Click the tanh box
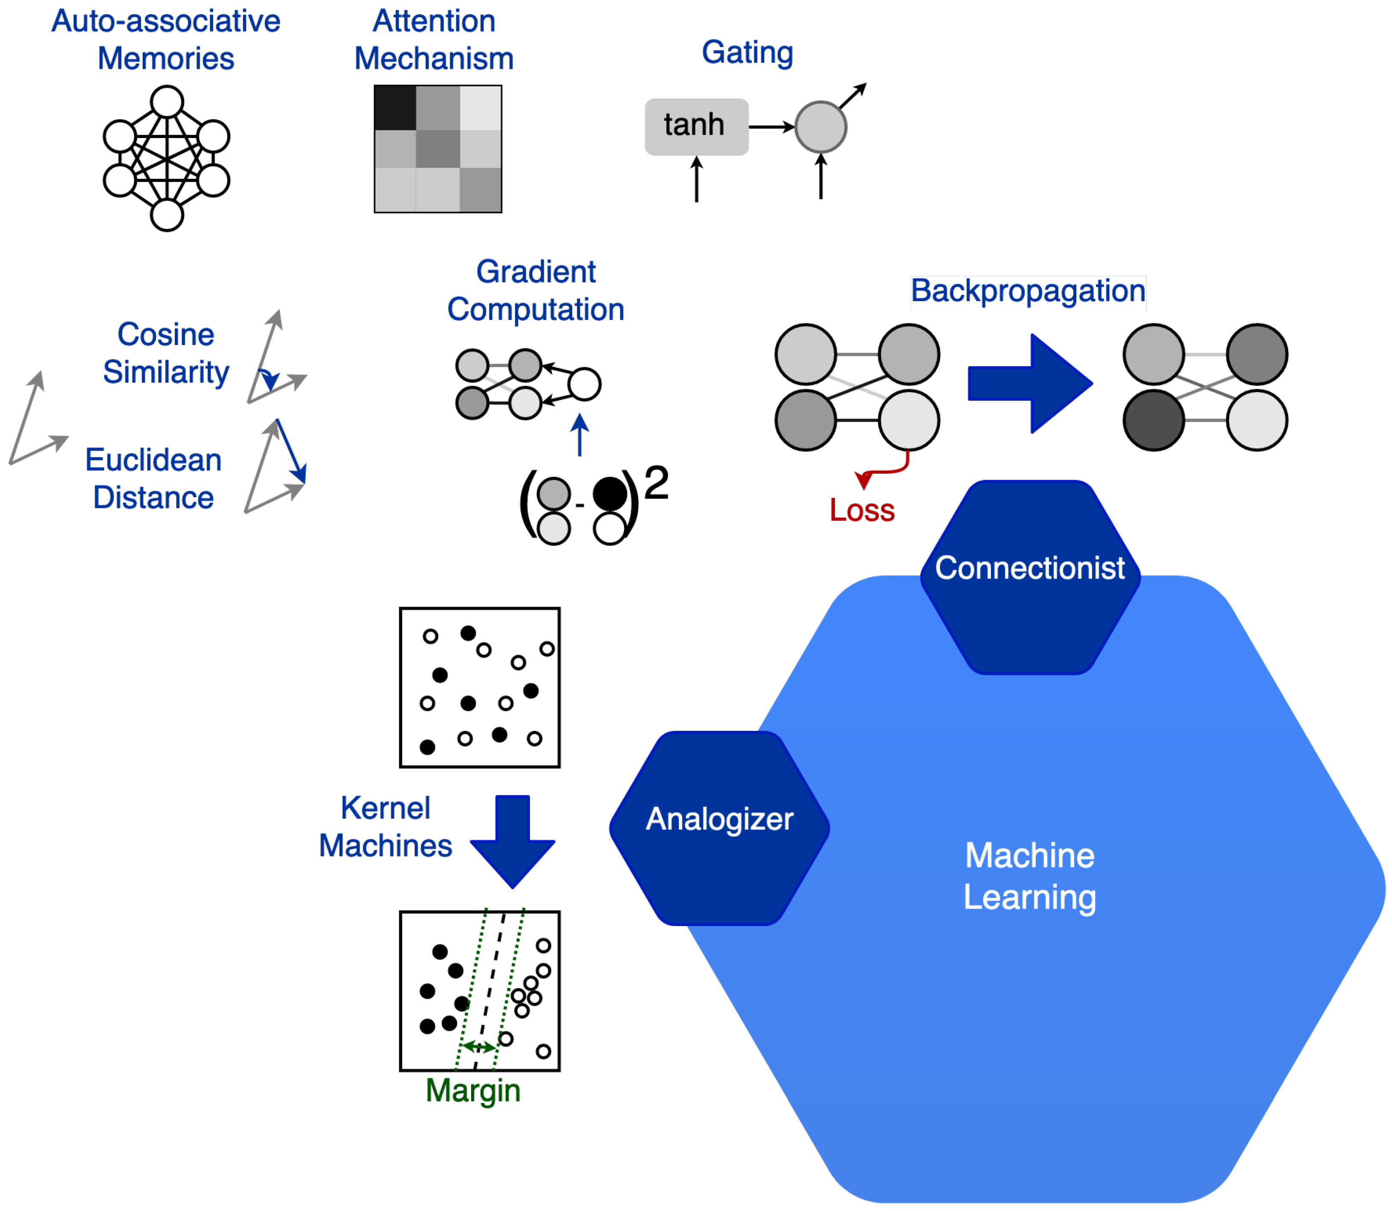696,126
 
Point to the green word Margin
472,1090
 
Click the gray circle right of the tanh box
821,126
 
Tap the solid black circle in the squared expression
610,493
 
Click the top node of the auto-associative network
167,102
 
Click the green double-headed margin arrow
478,1047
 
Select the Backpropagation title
1027,290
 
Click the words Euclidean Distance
153,478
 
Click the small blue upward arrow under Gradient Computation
579,434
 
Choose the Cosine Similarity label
166,353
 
